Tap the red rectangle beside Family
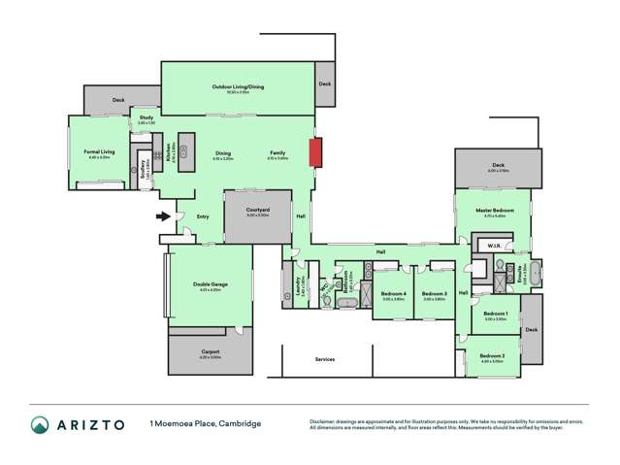tap(314, 152)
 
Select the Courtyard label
tap(257, 210)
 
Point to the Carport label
tap(211, 351)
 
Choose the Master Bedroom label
tap(494, 210)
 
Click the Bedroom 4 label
tap(393, 293)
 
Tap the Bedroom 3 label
tap(435, 293)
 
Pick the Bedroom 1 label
tap(495, 314)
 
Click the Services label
tap(325, 359)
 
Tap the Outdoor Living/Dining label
tap(238, 87)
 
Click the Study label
tap(147, 117)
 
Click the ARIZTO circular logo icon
tap(40, 423)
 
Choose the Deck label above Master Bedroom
tap(498, 165)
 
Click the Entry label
tap(203, 216)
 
